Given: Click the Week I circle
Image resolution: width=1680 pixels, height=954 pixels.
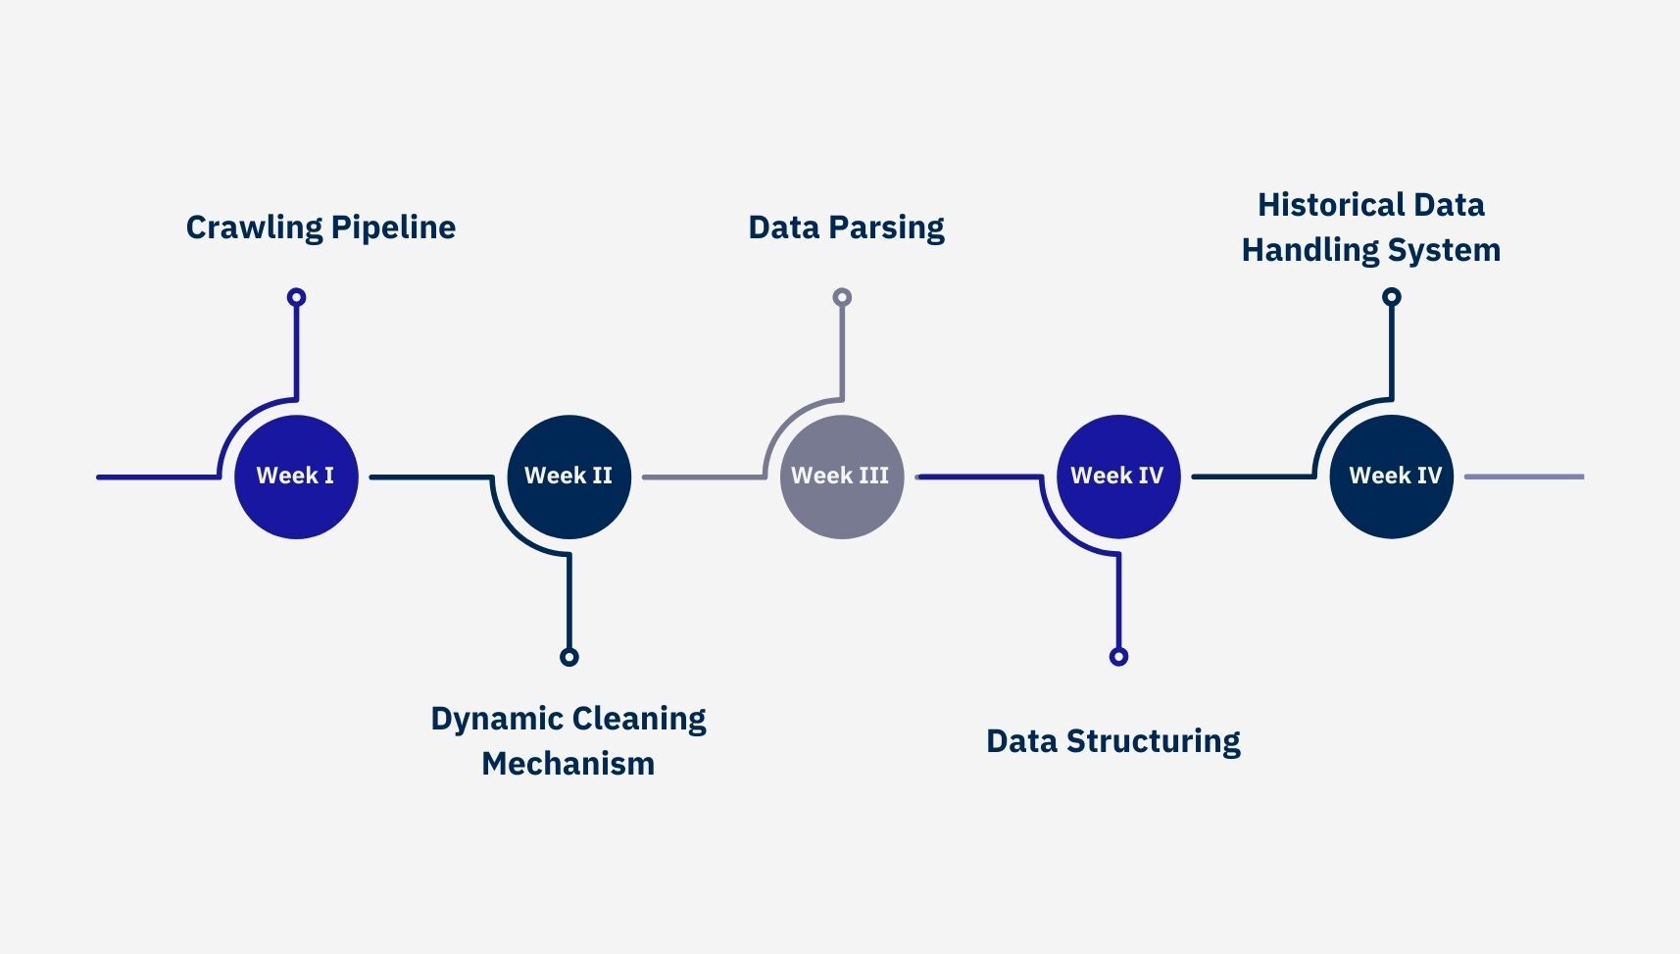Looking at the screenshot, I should click(296, 477).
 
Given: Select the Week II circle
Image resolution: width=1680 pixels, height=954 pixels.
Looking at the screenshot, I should click(568, 477).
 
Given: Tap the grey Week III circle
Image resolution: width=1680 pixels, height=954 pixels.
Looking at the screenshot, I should click(841, 477).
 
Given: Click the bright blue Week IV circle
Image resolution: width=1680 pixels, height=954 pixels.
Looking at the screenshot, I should click(1117, 477).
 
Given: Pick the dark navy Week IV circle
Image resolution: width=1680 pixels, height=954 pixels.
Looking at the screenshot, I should click(1391, 477).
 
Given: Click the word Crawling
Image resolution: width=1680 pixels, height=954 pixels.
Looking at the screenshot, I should click(254, 227).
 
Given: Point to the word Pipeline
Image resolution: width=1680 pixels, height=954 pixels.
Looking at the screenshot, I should click(393, 227).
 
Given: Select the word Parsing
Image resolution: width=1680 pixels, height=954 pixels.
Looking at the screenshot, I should click(886, 227).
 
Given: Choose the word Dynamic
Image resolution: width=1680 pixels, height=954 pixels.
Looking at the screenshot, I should click(496, 719).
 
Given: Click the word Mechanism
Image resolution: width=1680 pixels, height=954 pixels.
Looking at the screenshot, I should click(568, 764).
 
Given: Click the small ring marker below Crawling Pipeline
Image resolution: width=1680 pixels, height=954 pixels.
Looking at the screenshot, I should click(296, 297).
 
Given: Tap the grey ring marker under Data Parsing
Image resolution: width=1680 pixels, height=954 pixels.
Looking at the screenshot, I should click(842, 297).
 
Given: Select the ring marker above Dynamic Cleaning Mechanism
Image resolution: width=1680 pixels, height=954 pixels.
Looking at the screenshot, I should click(568, 657).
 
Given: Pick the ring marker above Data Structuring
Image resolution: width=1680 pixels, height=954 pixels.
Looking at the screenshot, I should click(1118, 657).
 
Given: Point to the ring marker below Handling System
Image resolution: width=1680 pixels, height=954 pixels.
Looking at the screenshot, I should click(1391, 297).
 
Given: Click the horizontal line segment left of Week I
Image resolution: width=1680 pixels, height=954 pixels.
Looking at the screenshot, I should click(157, 477).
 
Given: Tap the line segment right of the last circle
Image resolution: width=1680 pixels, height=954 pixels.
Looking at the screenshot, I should click(1524, 477).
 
